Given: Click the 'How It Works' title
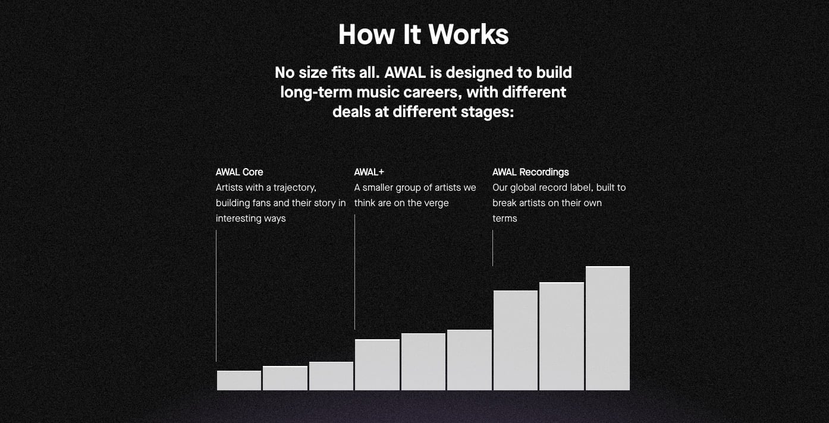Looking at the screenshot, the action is [423, 34].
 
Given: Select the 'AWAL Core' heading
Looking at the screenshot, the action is [239, 172].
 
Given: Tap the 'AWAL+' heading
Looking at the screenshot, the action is [369, 172].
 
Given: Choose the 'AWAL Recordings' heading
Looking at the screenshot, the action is [530, 172].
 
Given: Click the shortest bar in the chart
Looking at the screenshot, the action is [238, 380].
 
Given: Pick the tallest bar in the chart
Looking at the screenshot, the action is [607, 329].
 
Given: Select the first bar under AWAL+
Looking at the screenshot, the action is [377, 365].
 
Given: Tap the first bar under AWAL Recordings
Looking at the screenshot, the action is [515, 340].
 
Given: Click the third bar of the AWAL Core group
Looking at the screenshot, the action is [331, 376].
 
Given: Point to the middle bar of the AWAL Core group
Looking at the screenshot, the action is [285, 378].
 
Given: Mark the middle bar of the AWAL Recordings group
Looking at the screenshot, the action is [561, 336].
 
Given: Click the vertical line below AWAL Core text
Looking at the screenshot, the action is [216, 296].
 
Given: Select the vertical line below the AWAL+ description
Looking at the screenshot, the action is [354, 272].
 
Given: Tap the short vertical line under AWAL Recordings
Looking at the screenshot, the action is [492, 248].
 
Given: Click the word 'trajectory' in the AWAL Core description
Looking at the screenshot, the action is [294, 188].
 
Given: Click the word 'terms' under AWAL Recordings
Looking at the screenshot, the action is [505, 219].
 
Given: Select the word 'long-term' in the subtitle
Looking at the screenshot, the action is [316, 93].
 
